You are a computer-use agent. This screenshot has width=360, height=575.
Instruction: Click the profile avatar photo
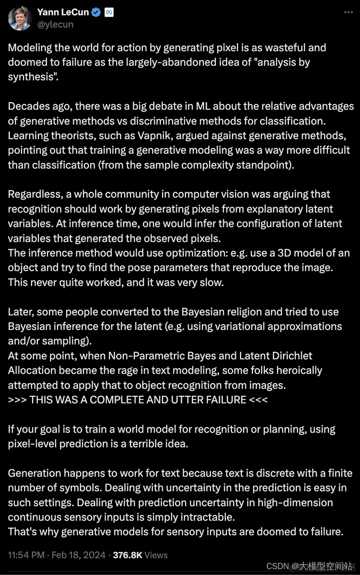pyautogui.click(x=20, y=18)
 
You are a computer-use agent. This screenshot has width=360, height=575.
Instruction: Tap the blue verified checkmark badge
pyautogui.click(x=96, y=13)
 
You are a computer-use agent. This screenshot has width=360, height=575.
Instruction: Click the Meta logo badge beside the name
pyautogui.click(x=109, y=13)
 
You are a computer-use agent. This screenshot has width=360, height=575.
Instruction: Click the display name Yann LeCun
pyautogui.click(x=62, y=13)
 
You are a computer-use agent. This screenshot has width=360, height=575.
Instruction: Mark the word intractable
pyautogui.click(x=203, y=517)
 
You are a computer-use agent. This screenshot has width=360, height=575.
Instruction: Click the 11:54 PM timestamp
pyautogui.click(x=26, y=555)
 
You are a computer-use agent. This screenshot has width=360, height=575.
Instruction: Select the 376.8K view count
pyautogui.click(x=128, y=555)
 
